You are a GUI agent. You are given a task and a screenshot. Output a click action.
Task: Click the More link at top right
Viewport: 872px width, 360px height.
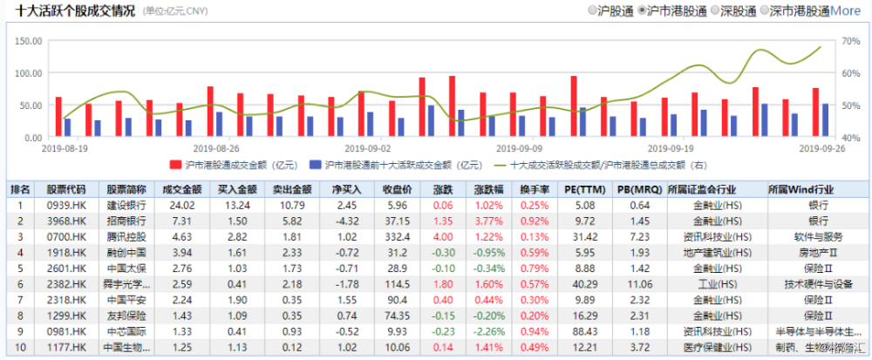tap(844, 10)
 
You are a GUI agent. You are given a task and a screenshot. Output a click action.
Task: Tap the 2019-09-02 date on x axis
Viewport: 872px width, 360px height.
tap(367, 149)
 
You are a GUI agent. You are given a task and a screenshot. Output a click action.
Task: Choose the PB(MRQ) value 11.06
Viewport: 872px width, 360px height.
tap(640, 283)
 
